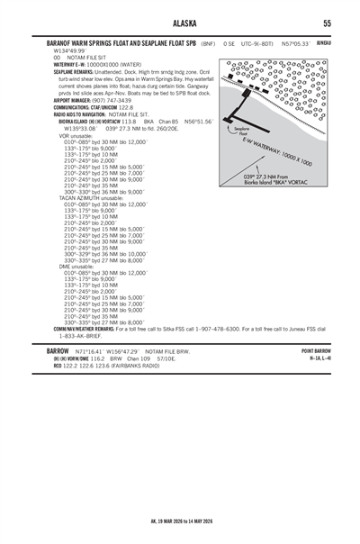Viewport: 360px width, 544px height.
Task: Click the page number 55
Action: pyautogui.click(x=327, y=23)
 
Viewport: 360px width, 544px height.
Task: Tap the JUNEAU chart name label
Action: pyautogui.click(x=325, y=41)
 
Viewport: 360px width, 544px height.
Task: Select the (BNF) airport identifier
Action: pyautogui.click(x=208, y=42)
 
